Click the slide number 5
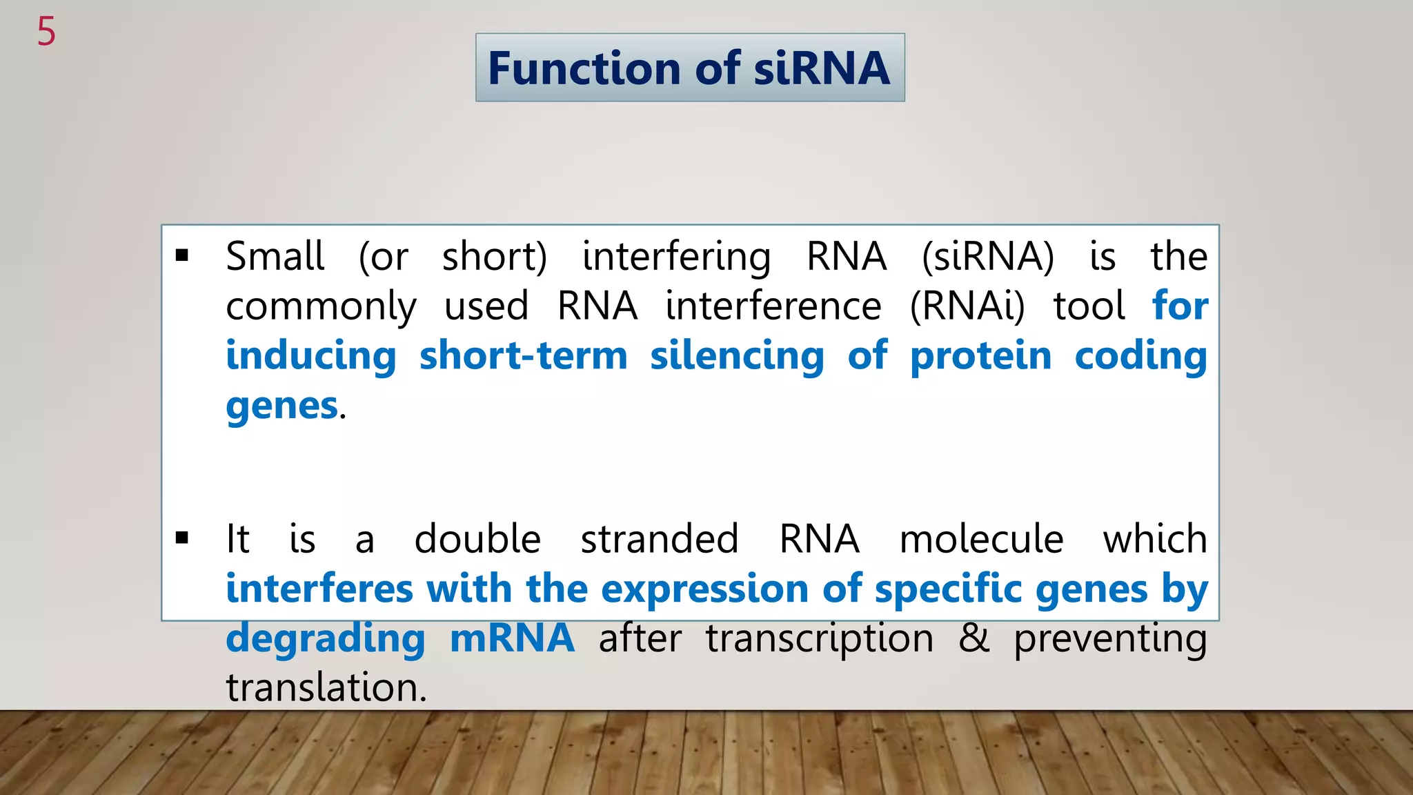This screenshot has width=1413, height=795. tap(46, 32)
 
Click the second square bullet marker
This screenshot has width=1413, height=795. tap(182, 538)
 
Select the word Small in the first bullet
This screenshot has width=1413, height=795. tap(275, 257)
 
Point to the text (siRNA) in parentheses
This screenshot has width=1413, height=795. tap(988, 257)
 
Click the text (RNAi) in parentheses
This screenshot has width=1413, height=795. tap(967, 306)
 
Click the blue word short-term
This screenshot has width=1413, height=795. tap(523, 356)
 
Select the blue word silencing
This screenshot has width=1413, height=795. tap(737, 357)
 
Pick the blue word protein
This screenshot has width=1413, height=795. tap(980, 356)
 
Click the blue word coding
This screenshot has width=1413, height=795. tap(1140, 357)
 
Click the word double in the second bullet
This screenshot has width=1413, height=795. tap(477, 538)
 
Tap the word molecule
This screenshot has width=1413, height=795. tap(981, 538)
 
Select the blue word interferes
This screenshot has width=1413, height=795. tap(319, 589)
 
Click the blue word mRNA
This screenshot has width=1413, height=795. tap(512, 638)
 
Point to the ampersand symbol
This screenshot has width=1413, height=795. tap(974, 638)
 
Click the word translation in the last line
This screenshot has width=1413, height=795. tap(326, 687)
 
